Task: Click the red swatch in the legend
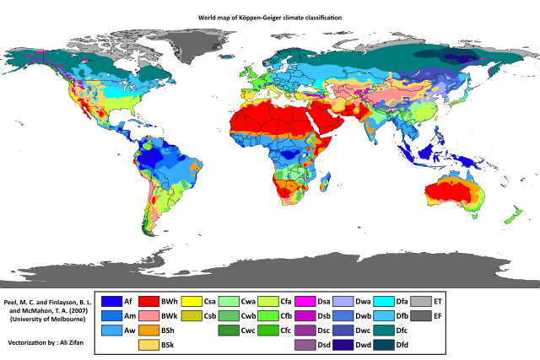pos(149,301)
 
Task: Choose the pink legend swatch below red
pos(149,315)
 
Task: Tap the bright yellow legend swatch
pos(192,301)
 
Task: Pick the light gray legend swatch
pos(421,301)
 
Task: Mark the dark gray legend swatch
pos(421,315)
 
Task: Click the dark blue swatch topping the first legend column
pos(111,301)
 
